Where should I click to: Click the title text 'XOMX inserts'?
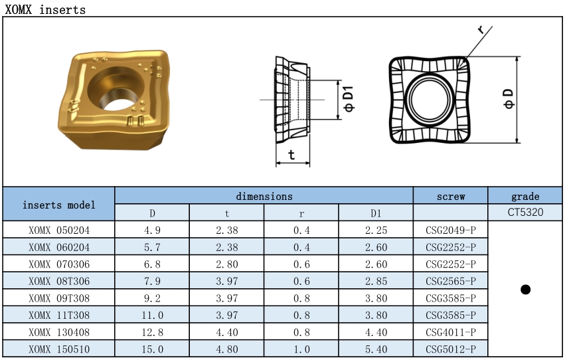pos(45,9)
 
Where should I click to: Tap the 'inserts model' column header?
pos(59,205)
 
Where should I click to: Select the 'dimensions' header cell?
pos(264,196)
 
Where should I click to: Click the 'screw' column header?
pos(451,197)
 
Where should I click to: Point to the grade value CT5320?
pos(525,212)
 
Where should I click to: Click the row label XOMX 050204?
pos(59,230)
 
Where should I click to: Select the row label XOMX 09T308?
pos(59,298)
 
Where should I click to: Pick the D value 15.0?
pos(152,349)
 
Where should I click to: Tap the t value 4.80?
pos(226,349)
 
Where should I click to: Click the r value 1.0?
pos(301,349)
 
